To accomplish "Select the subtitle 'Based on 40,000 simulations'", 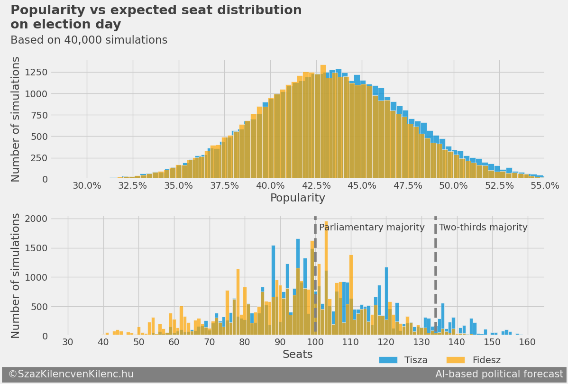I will pyautogui.click(x=89, y=40).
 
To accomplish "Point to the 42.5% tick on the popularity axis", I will pyautogui.click(x=316, y=185).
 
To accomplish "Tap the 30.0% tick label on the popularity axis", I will pyautogui.click(x=87, y=185).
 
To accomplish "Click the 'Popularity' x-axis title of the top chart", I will pyautogui.click(x=297, y=198).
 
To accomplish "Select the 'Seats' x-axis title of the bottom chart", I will pyautogui.click(x=297, y=355).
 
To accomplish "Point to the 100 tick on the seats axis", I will pyautogui.click(x=315, y=342).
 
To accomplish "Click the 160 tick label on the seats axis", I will pyautogui.click(x=527, y=342).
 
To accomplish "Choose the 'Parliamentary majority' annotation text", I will pyautogui.click(x=372, y=228).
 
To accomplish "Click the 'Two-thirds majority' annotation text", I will pyautogui.click(x=483, y=228).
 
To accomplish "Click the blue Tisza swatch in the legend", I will pyautogui.click(x=388, y=360).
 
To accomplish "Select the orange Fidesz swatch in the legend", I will pyautogui.click(x=456, y=360).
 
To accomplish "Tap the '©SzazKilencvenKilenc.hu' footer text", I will pyautogui.click(x=71, y=375).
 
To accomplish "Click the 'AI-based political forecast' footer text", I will pyautogui.click(x=499, y=375).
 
